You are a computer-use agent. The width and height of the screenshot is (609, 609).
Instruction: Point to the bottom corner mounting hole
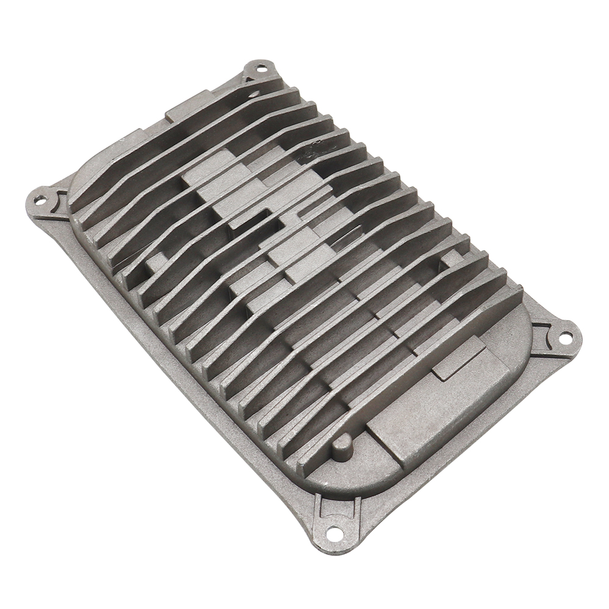[333, 533]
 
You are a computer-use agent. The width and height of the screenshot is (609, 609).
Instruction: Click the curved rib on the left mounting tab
[62, 199]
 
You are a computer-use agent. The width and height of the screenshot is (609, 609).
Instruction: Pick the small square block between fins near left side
[156, 263]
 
